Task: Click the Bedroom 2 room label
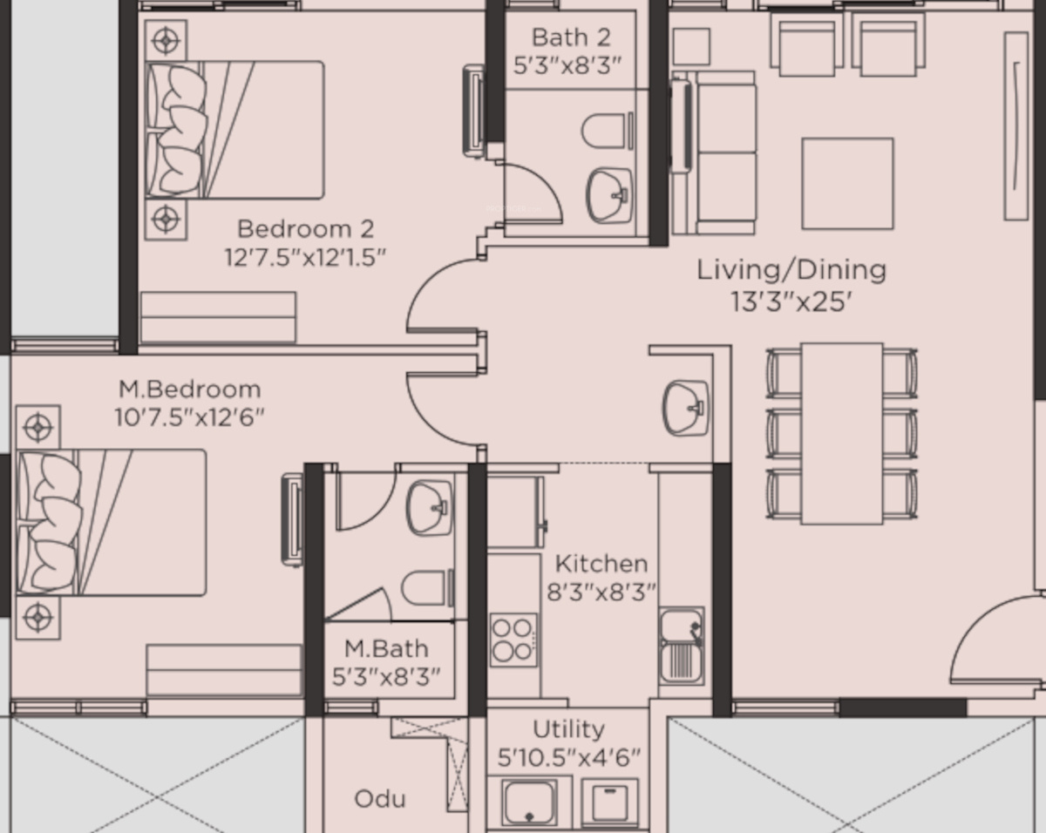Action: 306,229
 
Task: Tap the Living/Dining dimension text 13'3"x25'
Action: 791,301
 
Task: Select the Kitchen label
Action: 601,564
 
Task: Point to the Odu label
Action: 380,799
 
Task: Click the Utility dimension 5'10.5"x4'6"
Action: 568,757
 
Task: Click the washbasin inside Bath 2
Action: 609,195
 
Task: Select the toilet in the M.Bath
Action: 427,588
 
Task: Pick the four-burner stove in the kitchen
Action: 513,640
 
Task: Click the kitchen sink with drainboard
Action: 682,646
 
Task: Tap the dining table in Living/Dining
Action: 842,434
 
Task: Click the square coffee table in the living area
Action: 847,183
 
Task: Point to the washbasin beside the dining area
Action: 686,408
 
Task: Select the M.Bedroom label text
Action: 189,389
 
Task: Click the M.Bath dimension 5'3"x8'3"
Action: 386,676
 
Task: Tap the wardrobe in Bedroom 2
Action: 218,317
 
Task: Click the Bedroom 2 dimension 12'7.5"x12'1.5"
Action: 305,257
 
